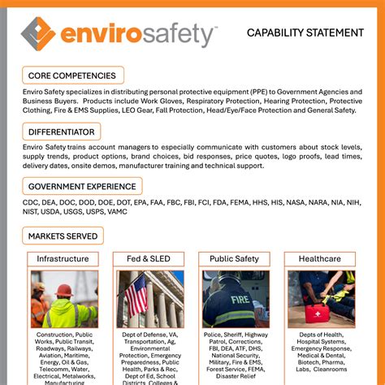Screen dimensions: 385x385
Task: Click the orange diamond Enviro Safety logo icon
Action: pos(38,33)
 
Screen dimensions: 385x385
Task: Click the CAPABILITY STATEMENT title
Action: pos(305,33)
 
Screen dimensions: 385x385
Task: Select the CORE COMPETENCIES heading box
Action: pos(72,76)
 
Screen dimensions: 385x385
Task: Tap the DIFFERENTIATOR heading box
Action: pos(62,132)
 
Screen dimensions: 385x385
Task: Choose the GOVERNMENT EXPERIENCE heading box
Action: pos(81,187)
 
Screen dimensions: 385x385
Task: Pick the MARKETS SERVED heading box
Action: pos(63,236)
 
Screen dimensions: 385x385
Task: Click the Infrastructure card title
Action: pos(63,259)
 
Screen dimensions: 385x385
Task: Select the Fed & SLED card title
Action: pos(149,259)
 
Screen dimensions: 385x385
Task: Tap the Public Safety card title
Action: pos(234,259)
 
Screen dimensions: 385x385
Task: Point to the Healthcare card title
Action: pos(319,259)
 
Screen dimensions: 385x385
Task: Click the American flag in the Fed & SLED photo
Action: pos(135,294)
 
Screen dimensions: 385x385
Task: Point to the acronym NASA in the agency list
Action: pos(296,201)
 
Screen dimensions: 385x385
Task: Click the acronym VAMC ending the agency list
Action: pos(116,212)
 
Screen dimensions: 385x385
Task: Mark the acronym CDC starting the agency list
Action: pos(32,201)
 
